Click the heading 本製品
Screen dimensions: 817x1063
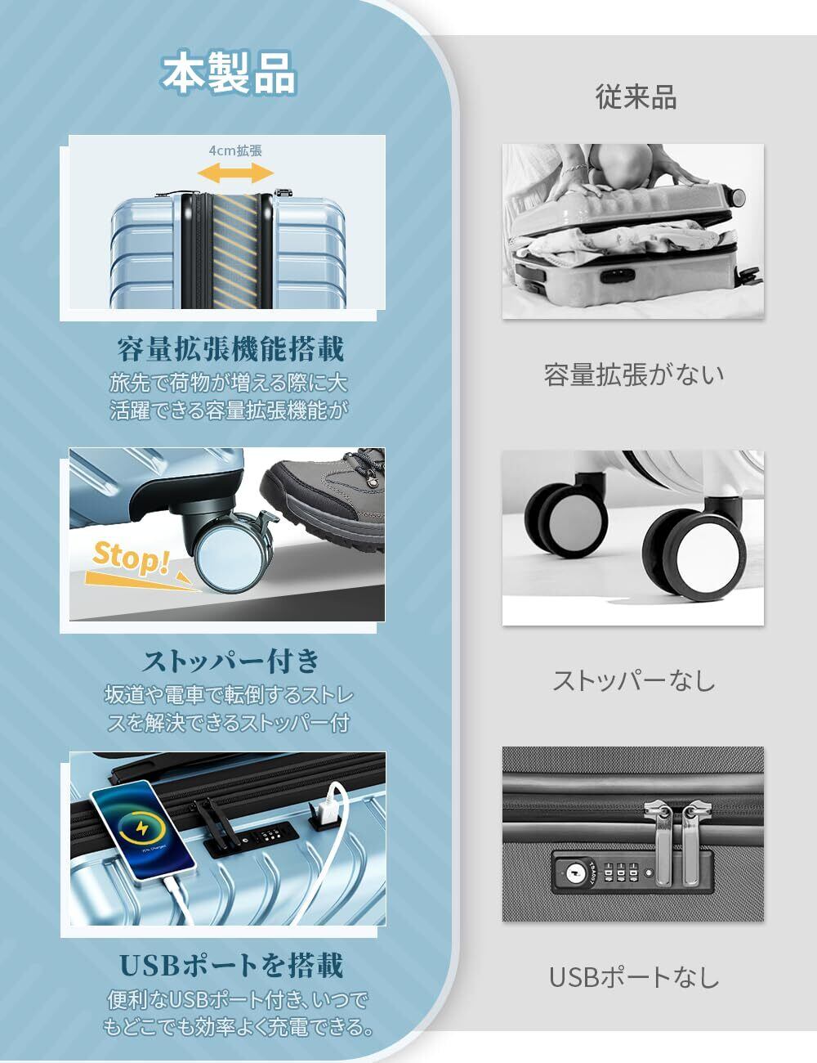(x=228, y=74)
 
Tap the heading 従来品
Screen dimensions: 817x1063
(x=636, y=96)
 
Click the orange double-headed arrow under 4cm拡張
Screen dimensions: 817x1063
(x=235, y=173)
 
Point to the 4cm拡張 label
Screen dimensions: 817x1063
(x=235, y=150)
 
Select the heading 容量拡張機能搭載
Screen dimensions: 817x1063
(x=230, y=349)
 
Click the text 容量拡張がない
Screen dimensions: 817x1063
(x=634, y=375)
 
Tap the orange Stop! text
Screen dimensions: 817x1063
(x=131, y=558)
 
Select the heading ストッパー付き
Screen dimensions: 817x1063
(x=230, y=661)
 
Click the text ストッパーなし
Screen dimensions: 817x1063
(x=634, y=680)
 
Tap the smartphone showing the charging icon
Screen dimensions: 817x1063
(x=143, y=831)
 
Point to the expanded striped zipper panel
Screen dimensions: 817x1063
(x=235, y=251)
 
